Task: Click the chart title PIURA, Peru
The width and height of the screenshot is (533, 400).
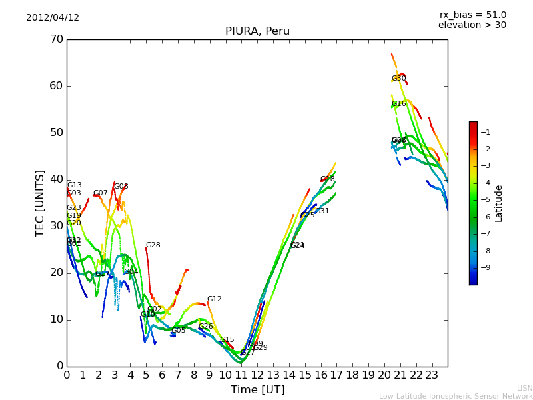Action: pyautogui.click(x=257, y=31)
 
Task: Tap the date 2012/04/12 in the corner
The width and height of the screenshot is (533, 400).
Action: pyautogui.click(x=53, y=17)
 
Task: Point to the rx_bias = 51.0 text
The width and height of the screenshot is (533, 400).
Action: pyautogui.click(x=472, y=15)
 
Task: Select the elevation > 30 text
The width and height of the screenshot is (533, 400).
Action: pyautogui.click(x=472, y=25)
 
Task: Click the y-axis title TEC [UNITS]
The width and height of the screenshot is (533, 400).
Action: pyautogui.click(x=40, y=203)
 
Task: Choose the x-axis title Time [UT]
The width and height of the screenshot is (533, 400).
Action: pyautogui.click(x=257, y=390)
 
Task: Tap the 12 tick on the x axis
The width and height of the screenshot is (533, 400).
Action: pyautogui.click(x=257, y=375)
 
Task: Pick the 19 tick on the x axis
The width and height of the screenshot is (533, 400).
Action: pyautogui.click(x=368, y=375)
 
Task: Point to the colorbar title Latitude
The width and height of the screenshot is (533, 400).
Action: pyautogui.click(x=499, y=203)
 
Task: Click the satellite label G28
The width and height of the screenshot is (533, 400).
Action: pyautogui.click(x=153, y=245)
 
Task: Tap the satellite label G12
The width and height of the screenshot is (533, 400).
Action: pyautogui.click(x=214, y=299)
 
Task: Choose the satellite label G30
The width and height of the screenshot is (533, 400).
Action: pyautogui.click(x=398, y=79)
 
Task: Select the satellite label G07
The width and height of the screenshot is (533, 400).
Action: pyautogui.click(x=100, y=193)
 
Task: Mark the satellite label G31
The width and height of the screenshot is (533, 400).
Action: pyautogui.click(x=322, y=211)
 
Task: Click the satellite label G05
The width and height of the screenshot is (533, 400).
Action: pyautogui.click(x=179, y=331)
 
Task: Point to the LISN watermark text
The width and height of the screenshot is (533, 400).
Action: pyautogui.click(x=524, y=388)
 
